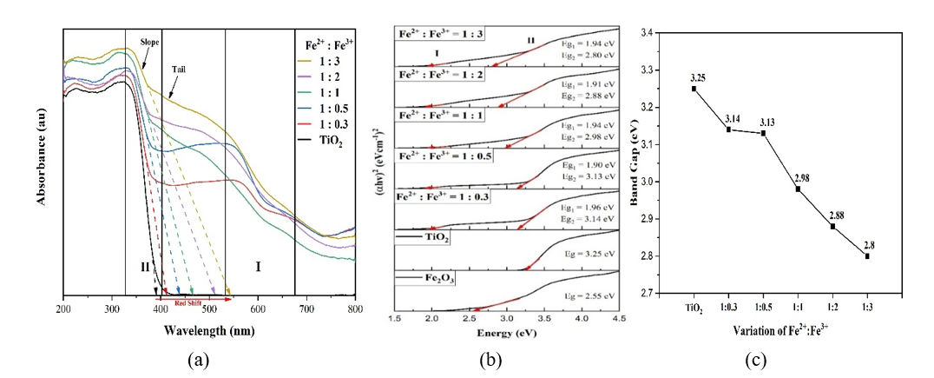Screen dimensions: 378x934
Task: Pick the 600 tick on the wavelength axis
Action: tap(258, 309)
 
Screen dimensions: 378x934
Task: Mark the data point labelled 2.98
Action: tap(797, 189)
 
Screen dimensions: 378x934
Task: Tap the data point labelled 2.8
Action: tap(867, 255)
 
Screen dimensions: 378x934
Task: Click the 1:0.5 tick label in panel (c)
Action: tap(763, 308)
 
